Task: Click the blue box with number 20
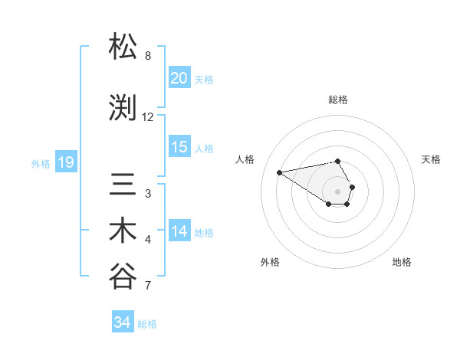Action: pos(179,77)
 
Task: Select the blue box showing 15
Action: pos(179,147)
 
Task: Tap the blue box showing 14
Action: pos(179,231)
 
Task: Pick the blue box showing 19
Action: pos(65,162)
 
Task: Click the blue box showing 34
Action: pos(122,322)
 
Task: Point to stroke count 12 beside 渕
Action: pos(147,117)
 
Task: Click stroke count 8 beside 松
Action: pos(147,56)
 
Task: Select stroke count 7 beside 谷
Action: pos(147,286)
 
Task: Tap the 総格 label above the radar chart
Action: pos(338,100)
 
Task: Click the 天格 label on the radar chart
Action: pos(431,159)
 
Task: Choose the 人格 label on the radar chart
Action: pos(245,159)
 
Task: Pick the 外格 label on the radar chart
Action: pos(270,262)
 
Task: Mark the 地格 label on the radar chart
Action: pos(402,262)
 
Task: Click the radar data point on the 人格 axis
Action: pos(280,172)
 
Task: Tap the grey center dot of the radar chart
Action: pos(338,191)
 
